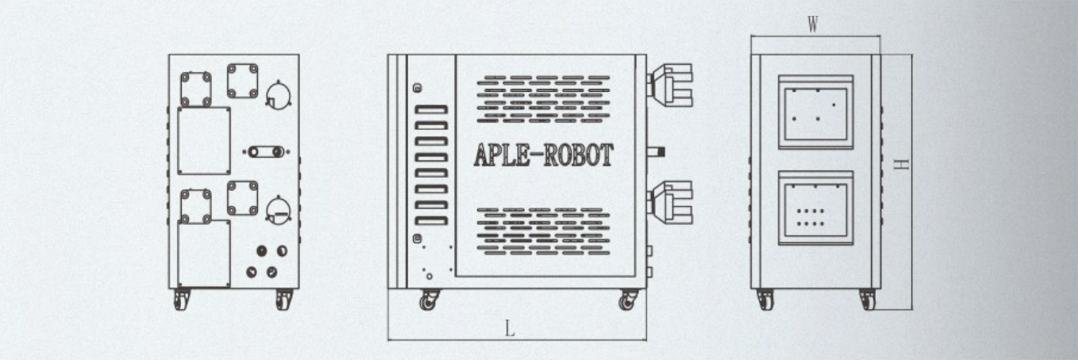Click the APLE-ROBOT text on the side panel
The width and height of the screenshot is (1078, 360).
pos(543,154)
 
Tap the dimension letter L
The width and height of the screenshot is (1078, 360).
pos(510,329)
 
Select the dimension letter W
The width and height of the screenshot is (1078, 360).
pos(813,25)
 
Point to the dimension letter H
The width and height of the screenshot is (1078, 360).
pos(900,165)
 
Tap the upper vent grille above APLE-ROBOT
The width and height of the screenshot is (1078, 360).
pos(543,98)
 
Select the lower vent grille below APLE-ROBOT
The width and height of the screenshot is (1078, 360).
pos(543,231)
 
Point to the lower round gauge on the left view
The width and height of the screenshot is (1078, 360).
pos(278,211)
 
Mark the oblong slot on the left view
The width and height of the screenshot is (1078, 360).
pos(266,152)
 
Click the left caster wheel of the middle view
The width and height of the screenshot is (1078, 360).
pos(428,300)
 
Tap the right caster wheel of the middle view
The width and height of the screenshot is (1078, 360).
pos(628,300)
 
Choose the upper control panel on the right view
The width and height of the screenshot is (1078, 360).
pos(816,112)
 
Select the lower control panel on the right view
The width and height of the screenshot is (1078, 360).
pos(816,208)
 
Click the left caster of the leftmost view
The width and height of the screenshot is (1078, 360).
pos(181,299)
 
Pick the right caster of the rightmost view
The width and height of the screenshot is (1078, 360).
pos(868,300)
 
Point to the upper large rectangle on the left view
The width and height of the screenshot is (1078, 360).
pos(204,141)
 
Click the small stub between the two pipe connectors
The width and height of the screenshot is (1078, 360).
pos(655,152)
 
